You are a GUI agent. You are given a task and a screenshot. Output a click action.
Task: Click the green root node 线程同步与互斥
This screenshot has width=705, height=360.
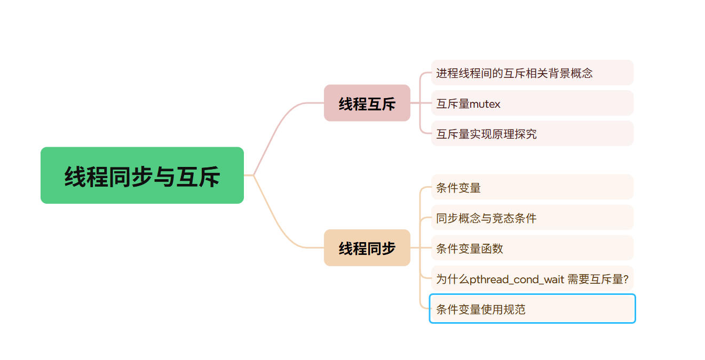(x=142, y=175)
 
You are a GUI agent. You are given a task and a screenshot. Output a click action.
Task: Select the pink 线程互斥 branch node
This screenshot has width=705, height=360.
(x=367, y=103)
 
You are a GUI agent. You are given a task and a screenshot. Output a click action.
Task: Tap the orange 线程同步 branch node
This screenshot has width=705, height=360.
(x=367, y=247)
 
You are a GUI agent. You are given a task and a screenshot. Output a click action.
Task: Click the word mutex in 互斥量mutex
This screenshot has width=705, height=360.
(x=485, y=104)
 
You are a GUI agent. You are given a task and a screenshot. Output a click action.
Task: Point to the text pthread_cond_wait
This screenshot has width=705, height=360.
(x=517, y=279)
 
